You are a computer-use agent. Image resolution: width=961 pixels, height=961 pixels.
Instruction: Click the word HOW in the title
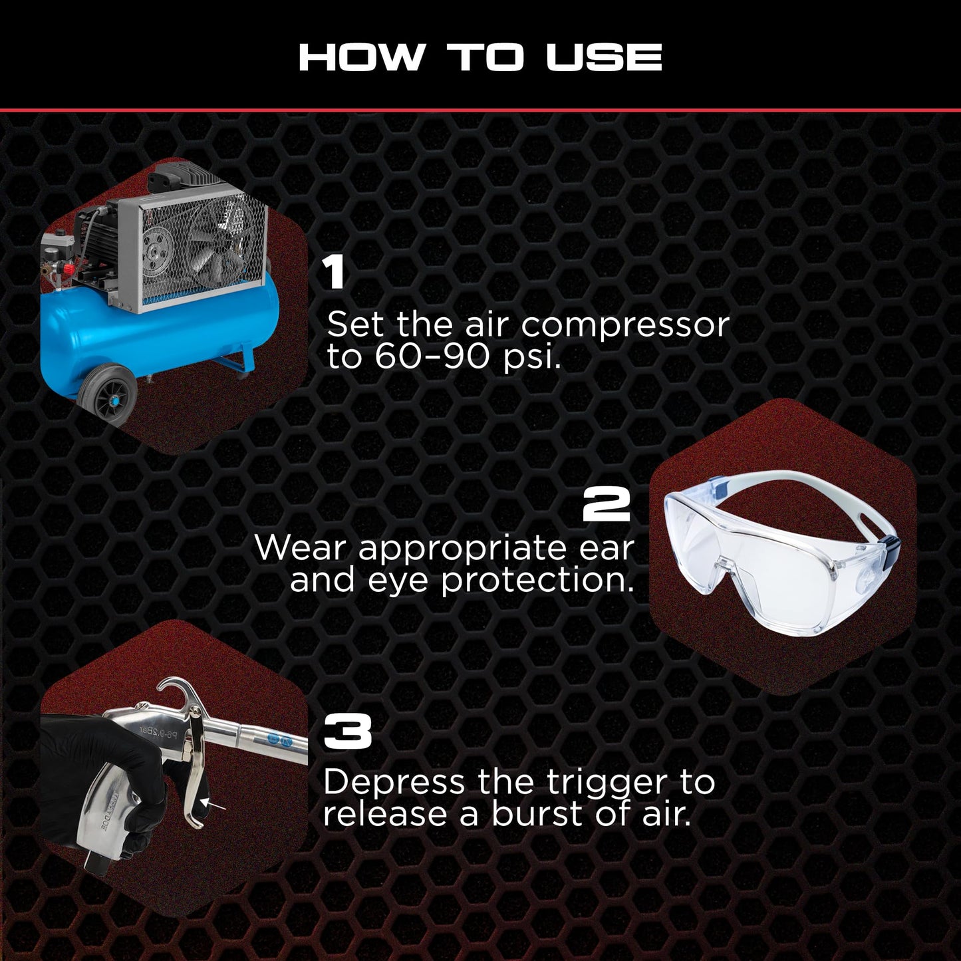tap(361, 57)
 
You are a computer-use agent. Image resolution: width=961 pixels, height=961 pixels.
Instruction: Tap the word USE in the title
tap(603, 57)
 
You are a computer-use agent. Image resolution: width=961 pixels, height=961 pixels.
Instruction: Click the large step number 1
tap(334, 273)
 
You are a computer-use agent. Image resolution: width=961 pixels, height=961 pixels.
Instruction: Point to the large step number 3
tap(347, 732)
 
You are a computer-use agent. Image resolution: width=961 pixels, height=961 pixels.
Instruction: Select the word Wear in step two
tap(301, 549)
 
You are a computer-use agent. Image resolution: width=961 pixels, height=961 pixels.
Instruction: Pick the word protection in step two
tap(537, 581)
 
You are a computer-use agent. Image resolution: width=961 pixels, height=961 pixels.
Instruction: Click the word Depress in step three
tap(394, 783)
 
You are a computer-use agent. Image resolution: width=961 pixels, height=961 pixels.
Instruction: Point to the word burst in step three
tap(537, 815)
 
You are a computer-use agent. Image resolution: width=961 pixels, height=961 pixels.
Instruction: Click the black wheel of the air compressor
tap(106, 396)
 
